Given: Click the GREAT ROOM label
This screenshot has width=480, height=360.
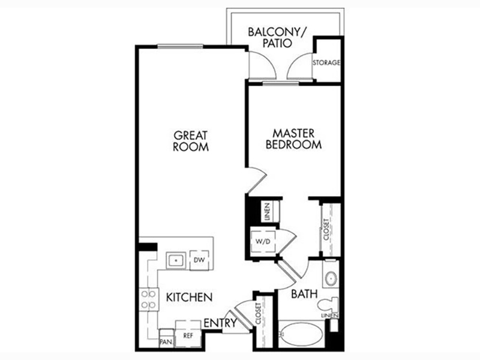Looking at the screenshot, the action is point(191,141).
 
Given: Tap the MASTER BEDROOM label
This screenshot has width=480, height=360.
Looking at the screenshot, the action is point(293,139).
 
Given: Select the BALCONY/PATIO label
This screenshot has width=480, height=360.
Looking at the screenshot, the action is point(278,37).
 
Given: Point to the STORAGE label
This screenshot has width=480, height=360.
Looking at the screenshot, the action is point(326,62).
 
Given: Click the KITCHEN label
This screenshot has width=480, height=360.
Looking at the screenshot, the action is point(189,297).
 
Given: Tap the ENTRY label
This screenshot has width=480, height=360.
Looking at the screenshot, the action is point(220,323).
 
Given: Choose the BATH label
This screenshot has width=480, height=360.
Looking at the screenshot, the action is point(304,294).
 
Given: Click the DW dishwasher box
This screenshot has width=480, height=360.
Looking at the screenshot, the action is point(199,260).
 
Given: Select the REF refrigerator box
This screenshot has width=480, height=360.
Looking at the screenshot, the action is point(188,334).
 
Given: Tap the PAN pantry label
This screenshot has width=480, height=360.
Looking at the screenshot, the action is point(166,341).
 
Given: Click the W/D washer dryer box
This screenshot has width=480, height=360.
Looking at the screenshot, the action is point(263,241).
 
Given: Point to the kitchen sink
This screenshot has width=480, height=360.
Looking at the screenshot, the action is point(176,260).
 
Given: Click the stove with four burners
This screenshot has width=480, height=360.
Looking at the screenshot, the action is point(149,299).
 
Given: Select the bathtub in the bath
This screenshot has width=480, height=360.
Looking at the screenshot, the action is point(301,334).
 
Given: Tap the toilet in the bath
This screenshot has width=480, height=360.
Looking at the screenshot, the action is point(328,305).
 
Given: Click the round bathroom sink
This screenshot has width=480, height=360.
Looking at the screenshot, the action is point(331,278).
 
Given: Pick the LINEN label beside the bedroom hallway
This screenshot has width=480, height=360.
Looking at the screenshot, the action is point(268,212).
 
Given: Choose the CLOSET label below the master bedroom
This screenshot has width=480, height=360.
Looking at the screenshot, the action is point(326,229).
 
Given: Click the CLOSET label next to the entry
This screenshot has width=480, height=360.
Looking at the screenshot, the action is point(258,313).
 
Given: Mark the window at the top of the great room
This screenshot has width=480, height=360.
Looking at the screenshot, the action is point(181,47).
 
